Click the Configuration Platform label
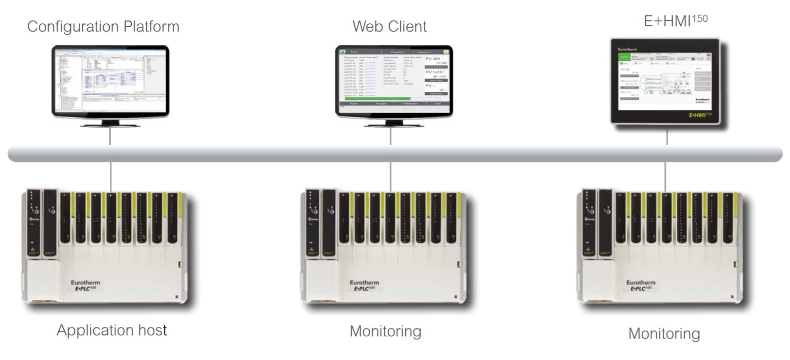pyautogui.click(x=103, y=26)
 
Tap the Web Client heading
pyautogui.click(x=390, y=26)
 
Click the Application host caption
pyautogui.click(x=112, y=330)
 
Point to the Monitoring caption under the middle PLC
pyautogui.click(x=385, y=331)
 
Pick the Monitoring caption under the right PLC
pyautogui.click(x=664, y=334)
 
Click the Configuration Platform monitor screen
pyautogui.click(x=110, y=80)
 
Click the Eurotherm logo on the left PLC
pyautogui.click(x=85, y=282)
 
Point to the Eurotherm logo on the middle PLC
pyautogui.click(x=364, y=282)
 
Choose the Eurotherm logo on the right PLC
pyautogui.click(x=640, y=282)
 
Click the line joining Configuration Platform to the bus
pyautogui.click(x=110, y=137)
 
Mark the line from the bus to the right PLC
pyautogui.click(x=665, y=177)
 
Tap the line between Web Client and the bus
pyautogui.click(x=391, y=137)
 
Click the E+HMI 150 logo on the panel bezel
pyautogui.click(x=700, y=115)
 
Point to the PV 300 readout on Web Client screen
pyautogui.click(x=433, y=58)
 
